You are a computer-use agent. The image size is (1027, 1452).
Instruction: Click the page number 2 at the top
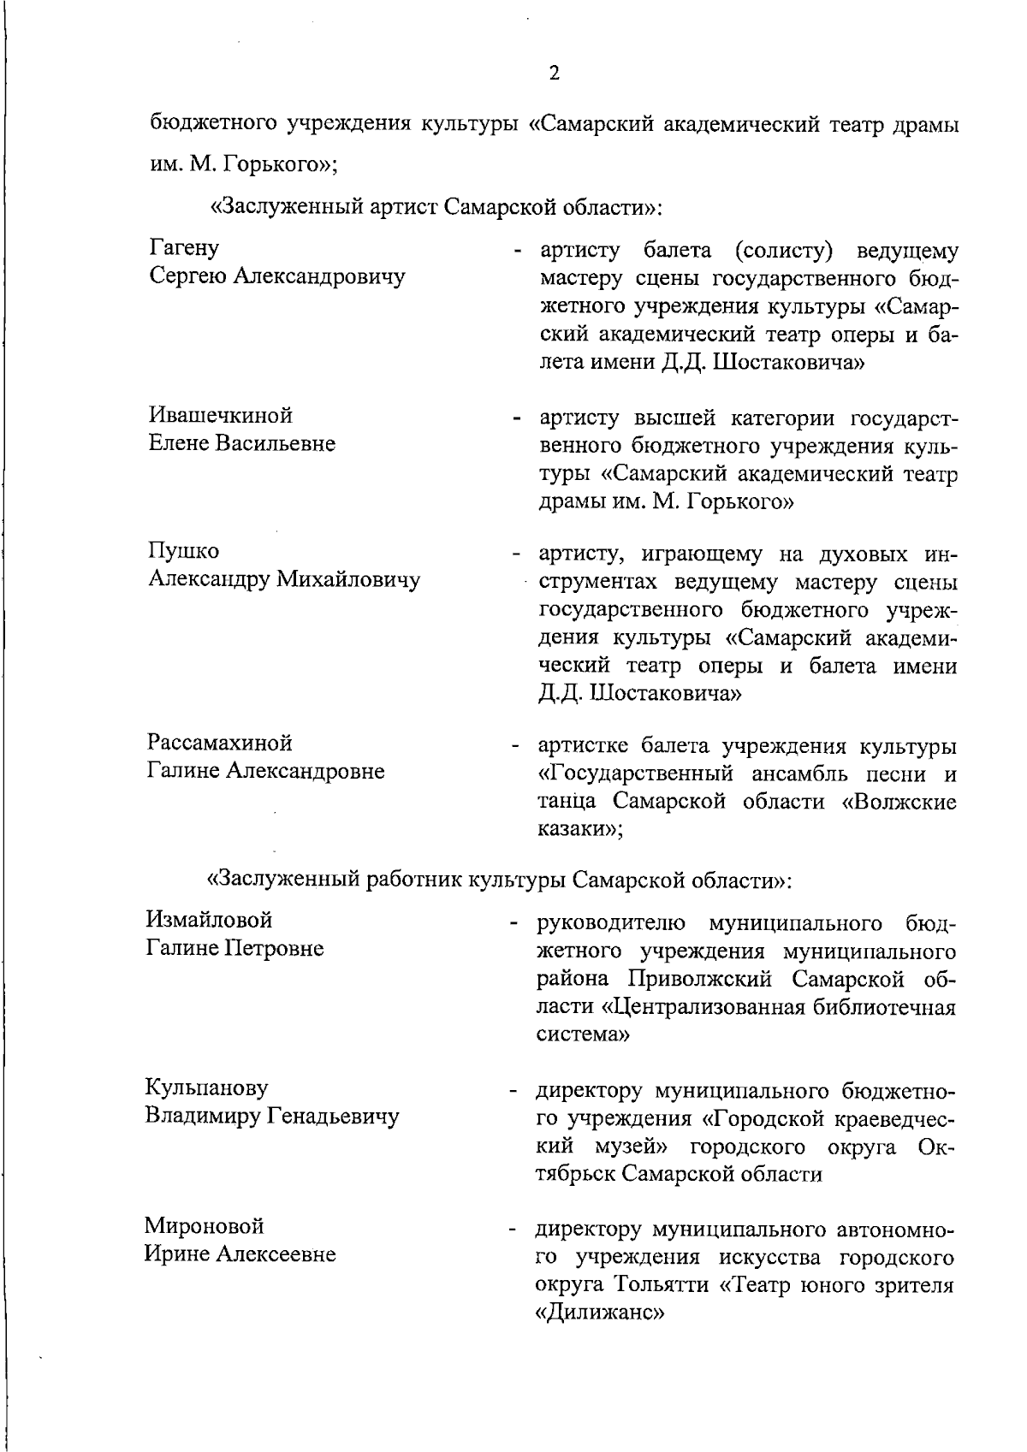click(554, 74)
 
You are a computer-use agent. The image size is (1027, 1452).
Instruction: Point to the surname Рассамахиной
click(220, 742)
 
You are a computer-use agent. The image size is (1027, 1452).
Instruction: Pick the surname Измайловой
click(210, 920)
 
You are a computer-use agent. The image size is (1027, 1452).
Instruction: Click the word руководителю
click(610, 924)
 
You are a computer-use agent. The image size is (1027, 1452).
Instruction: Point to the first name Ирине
click(175, 1254)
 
